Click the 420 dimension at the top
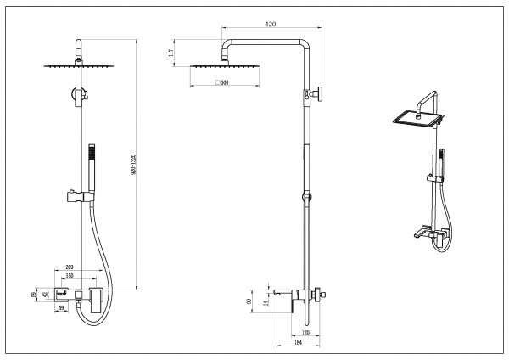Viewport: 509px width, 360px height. [x=270, y=25]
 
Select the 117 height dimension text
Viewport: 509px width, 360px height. [x=172, y=53]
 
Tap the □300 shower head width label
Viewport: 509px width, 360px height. [x=224, y=83]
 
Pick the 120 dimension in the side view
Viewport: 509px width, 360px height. [x=304, y=332]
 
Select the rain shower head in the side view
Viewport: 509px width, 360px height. [x=212, y=65]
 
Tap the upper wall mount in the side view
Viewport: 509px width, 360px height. [x=316, y=94]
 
